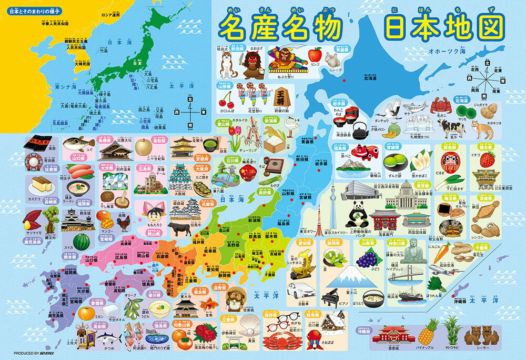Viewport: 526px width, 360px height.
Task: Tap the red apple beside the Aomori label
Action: pos(315,54)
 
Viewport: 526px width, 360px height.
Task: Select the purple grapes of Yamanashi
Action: pos(367,258)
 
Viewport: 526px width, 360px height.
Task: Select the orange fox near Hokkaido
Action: pos(479,129)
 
